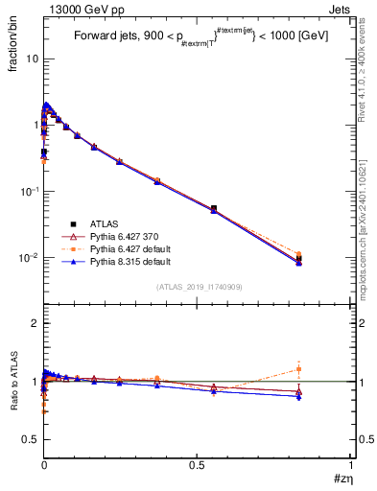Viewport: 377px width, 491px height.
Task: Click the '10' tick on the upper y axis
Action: point(31,58)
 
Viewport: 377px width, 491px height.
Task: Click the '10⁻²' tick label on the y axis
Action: point(29,257)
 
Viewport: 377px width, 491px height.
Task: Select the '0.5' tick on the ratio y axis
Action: point(30,438)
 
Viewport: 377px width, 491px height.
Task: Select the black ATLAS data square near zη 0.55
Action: point(213,208)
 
